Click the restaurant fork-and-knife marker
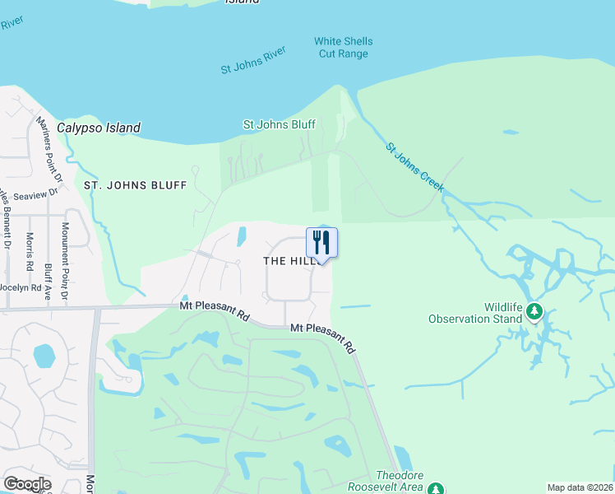pos(321,243)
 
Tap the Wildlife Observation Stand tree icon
pos(535,311)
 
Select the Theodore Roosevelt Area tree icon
pos(438,487)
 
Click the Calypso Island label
pos(99,128)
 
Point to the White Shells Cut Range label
pos(343,48)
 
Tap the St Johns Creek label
pos(415,169)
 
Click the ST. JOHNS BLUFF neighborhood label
pos(136,186)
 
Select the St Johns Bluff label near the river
pos(280,125)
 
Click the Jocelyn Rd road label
pos(20,287)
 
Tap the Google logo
pos(27,484)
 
